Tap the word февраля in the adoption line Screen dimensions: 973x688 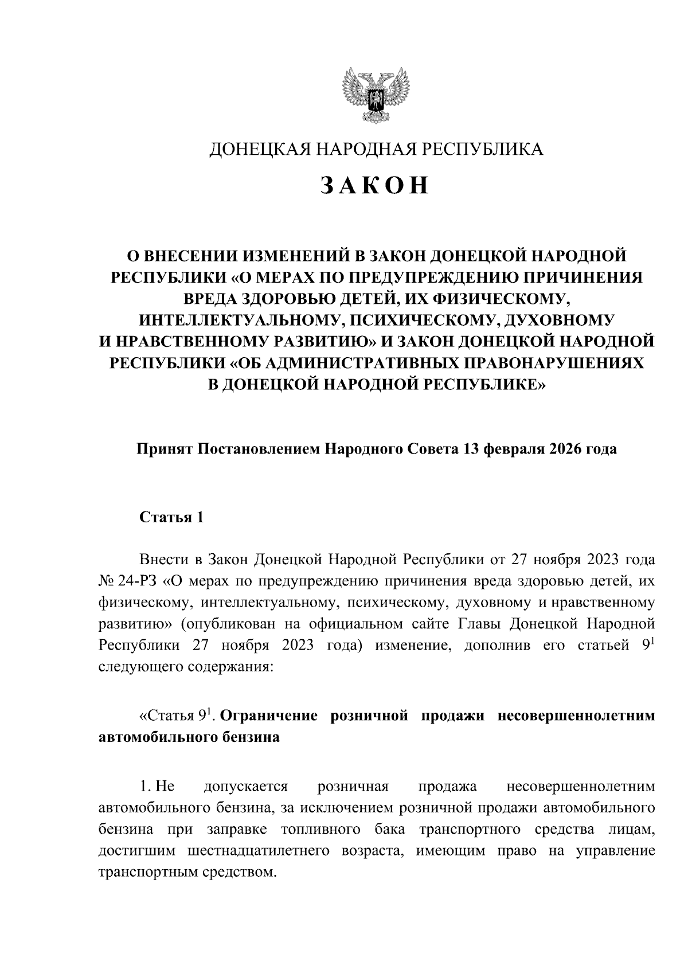point(515,449)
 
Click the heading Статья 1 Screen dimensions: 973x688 point(172,518)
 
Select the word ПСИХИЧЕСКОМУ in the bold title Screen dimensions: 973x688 point(417,319)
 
